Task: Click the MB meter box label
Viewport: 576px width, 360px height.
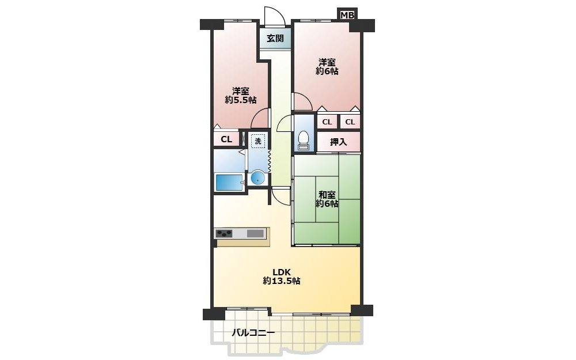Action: pos(347,15)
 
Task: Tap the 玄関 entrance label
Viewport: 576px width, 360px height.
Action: pos(275,38)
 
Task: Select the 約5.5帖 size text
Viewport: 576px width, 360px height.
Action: pos(241,100)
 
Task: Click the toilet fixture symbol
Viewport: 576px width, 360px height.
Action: pos(304,141)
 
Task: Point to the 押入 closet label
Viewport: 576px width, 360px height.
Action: pos(338,142)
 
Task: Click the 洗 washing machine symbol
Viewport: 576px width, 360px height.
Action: pos(258,141)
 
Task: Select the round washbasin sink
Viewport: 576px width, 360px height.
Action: pos(258,178)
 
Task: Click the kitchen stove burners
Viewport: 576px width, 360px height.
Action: pos(224,233)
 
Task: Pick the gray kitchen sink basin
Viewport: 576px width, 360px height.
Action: pos(255,233)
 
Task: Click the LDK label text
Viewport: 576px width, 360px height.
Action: pos(282,272)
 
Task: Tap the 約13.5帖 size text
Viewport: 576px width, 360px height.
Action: pos(282,281)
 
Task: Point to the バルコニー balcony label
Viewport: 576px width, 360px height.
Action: pos(253,333)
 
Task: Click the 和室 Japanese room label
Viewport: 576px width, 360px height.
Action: pos(327,194)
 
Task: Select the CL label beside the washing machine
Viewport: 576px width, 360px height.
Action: pos(226,139)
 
